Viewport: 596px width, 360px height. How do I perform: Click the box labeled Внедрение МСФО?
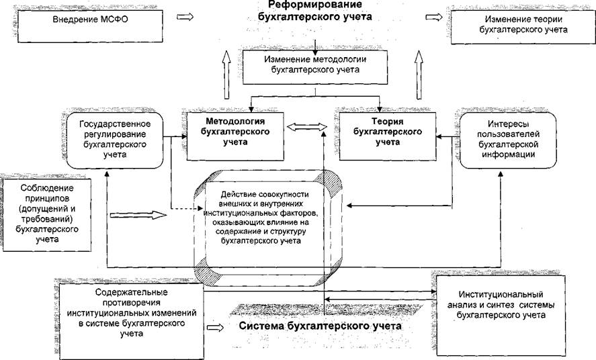tap(91, 26)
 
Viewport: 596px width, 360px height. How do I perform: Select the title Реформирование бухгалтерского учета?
tap(314, 11)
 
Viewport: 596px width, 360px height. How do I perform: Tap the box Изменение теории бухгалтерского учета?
tap(523, 25)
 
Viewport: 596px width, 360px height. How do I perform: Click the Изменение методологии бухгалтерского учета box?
tap(315, 67)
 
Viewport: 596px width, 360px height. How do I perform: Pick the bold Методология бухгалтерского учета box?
tap(235, 136)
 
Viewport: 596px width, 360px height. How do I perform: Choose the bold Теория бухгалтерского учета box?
tap(388, 136)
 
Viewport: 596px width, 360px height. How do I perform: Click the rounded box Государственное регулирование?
tap(115, 140)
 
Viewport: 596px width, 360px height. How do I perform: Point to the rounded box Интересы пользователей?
tap(508, 140)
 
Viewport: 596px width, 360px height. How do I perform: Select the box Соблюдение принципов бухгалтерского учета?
tap(47, 215)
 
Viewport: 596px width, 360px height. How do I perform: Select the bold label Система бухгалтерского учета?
tap(320, 326)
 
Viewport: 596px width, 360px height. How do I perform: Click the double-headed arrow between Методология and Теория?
tap(307, 128)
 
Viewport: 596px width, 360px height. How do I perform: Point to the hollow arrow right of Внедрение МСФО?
tap(185, 17)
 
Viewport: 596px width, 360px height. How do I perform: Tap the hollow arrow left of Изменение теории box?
tap(433, 17)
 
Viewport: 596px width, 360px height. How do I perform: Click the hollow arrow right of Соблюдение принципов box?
tap(138, 215)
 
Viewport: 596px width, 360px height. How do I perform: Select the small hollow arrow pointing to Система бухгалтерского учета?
tap(216, 327)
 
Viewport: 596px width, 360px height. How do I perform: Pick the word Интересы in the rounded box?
tap(508, 124)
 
